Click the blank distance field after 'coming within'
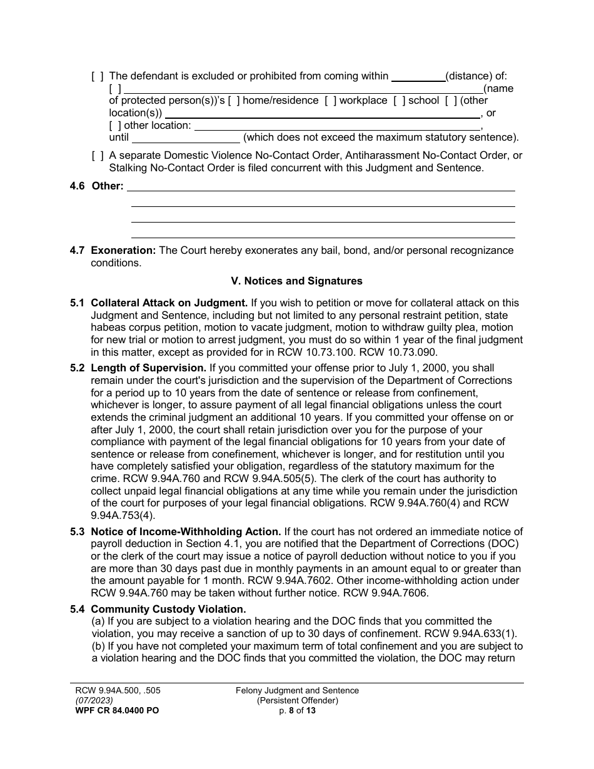coord(418,77)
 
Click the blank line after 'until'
coord(186,138)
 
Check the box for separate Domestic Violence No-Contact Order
coord(98,156)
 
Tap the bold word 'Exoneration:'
coord(123,251)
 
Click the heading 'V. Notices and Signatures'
coord(296,281)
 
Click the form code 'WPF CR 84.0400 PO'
coord(114,711)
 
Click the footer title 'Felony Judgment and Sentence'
coord(297,691)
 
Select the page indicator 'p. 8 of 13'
coord(297,711)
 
